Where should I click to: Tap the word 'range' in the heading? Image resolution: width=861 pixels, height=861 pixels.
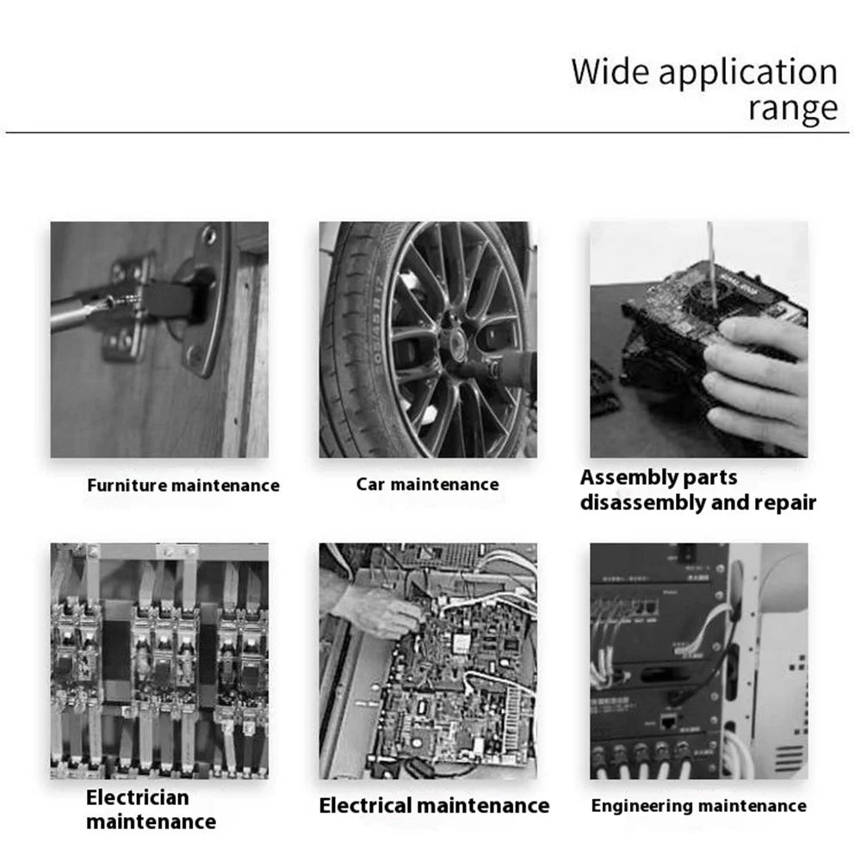coord(793,108)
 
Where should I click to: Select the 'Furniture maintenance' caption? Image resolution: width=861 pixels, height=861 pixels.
coord(183,486)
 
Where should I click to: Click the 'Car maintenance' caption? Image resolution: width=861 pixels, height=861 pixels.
coord(428,484)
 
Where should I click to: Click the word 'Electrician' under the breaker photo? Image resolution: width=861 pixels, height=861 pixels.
coord(137,797)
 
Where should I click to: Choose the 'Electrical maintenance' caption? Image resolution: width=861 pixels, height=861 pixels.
coord(434,806)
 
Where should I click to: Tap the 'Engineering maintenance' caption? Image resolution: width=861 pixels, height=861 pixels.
coord(698,806)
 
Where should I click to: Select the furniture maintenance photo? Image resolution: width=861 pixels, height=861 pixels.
coord(159,339)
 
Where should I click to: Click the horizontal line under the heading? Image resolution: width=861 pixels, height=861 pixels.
coord(427,133)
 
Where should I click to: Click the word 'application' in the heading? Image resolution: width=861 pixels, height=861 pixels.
coord(748,73)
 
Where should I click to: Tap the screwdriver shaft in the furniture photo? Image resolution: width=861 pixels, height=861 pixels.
coord(83,314)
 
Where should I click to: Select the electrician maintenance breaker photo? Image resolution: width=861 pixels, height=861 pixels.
coord(159,661)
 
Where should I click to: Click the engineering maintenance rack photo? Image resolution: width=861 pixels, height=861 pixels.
coord(698,661)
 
